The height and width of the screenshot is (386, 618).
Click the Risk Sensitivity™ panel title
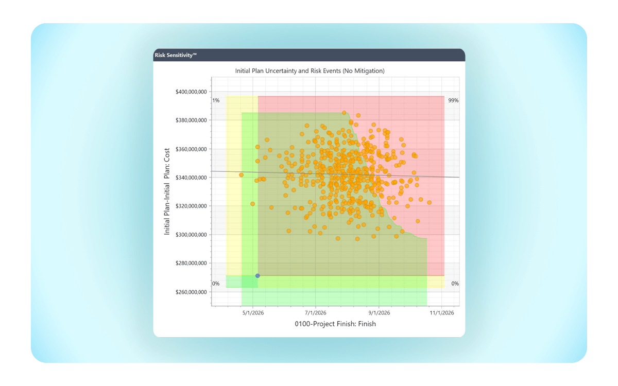(176, 55)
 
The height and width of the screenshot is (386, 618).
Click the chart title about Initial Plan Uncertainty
(310, 71)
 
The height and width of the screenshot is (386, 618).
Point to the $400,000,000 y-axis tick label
(192, 92)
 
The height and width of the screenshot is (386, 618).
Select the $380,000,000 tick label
(192, 120)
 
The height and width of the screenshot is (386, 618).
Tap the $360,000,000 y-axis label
(192, 149)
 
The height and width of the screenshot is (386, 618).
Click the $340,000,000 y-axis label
(192, 178)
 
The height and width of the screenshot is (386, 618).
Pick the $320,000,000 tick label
(192, 206)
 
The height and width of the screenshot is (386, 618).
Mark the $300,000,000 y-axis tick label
(192, 235)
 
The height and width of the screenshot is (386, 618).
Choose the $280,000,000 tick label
(192, 264)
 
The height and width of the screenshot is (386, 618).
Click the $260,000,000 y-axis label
(192, 292)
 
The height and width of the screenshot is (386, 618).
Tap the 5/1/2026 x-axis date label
(252, 312)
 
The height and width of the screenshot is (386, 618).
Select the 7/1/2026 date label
(315, 312)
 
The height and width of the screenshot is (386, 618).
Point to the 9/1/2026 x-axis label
(379, 312)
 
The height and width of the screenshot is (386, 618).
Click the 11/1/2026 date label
(441, 312)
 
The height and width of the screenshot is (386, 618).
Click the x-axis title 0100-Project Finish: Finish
(335, 324)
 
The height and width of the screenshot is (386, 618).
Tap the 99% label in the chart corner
(453, 100)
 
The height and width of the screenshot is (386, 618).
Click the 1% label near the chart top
(216, 100)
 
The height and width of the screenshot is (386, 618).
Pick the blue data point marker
(257, 276)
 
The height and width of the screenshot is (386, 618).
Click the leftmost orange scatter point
(241, 175)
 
